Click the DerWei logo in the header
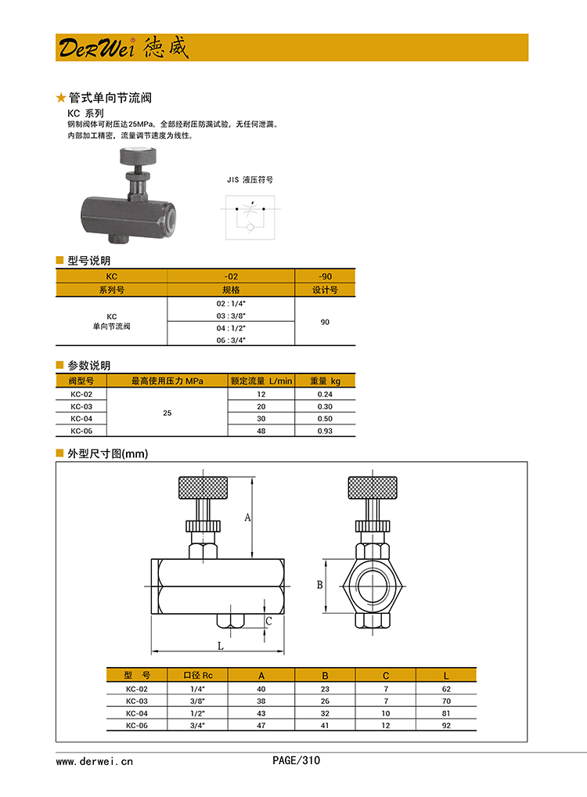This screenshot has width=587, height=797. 123,48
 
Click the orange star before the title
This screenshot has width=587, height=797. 61,98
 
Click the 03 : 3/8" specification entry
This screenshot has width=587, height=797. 232,316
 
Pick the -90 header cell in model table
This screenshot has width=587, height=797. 325,276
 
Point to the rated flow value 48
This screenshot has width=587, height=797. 261,431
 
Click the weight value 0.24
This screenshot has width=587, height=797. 325,394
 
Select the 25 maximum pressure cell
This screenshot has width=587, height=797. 167,413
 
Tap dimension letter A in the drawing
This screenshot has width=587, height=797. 247,517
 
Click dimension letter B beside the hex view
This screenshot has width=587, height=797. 319,585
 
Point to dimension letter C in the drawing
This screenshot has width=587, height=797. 268,621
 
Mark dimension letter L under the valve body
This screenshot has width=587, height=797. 220,647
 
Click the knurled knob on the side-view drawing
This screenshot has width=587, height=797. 203,489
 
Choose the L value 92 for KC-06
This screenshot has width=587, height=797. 446,726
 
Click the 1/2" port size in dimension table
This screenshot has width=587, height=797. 197,713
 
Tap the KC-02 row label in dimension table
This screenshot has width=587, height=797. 136,689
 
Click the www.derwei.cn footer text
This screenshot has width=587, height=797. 95,760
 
